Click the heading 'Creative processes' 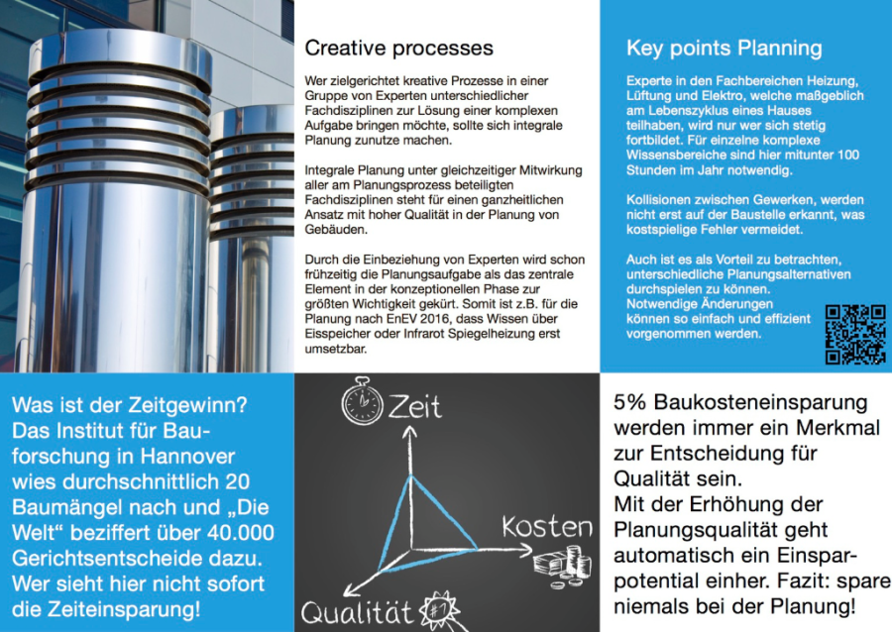pos(398,48)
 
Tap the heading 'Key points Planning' pos(724,48)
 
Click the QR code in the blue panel pos(855,334)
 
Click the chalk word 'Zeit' pos(414,405)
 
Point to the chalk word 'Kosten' pos(546,526)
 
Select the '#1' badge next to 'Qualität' pos(437,607)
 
